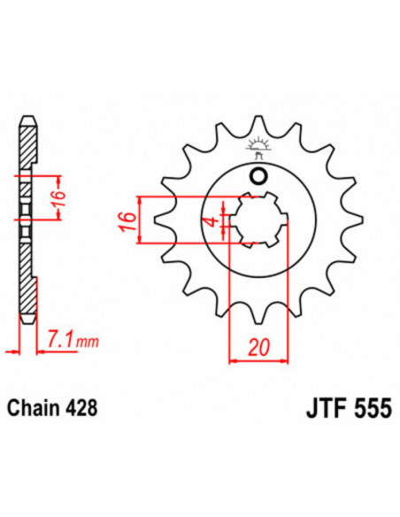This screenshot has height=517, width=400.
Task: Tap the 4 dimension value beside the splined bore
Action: [x=210, y=221]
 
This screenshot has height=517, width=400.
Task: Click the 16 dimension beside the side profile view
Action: [x=57, y=197]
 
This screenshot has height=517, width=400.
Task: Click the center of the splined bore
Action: [x=257, y=220]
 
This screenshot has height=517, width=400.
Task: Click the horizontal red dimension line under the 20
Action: [x=258, y=360]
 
